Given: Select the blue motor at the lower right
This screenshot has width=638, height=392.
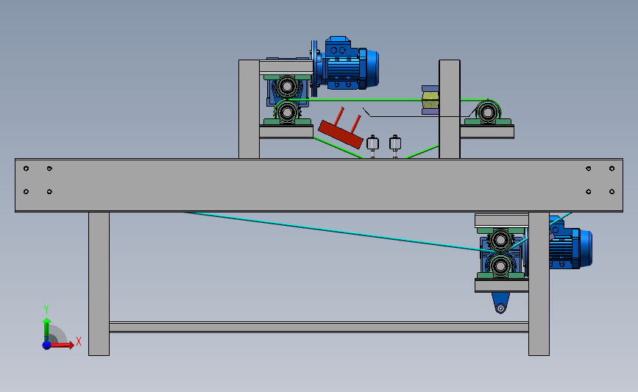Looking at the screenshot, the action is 571,247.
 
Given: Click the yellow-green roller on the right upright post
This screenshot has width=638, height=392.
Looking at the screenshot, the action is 429,101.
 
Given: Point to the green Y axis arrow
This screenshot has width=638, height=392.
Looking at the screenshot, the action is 46,328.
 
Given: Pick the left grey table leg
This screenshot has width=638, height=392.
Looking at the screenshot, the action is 99,283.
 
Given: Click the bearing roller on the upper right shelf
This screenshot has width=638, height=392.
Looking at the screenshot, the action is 486,113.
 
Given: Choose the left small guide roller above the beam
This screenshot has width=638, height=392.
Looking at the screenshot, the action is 372,144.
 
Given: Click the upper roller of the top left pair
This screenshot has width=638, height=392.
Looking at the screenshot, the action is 286,87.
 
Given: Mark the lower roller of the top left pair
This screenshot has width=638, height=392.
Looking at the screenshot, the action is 286,113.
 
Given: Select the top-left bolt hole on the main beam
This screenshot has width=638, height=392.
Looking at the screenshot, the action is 26,168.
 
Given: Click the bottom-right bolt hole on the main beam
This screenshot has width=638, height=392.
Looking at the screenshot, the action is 612,192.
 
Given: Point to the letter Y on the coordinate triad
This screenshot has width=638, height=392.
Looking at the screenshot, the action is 46,310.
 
